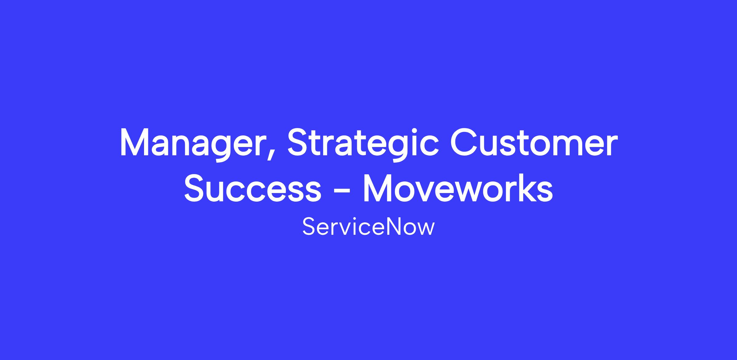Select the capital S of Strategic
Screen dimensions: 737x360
(x=300, y=141)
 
